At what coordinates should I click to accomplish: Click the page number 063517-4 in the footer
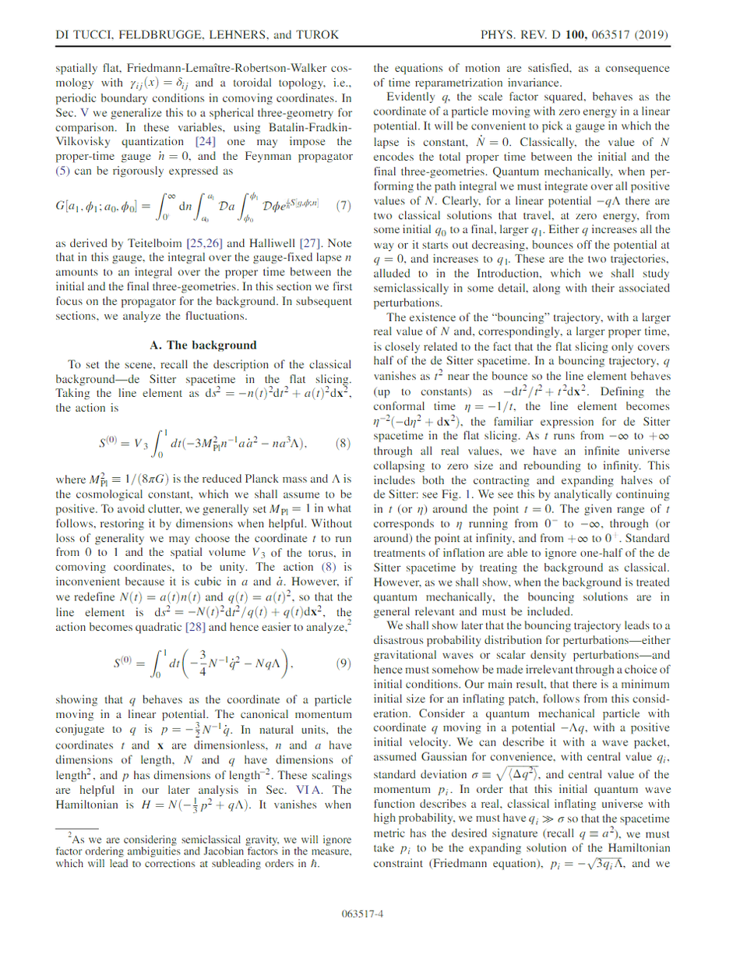(x=370, y=914)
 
